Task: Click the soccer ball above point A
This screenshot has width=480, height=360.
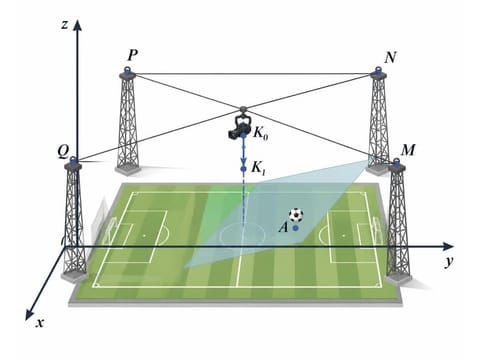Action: (x=296, y=215)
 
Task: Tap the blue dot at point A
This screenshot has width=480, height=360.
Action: (x=295, y=228)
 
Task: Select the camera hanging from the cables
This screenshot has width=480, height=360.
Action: (x=239, y=127)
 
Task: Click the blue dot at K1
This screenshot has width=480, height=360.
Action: (x=243, y=169)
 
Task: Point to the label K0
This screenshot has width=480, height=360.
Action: (x=260, y=133)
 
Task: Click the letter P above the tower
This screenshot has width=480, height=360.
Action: (x=132, y=55)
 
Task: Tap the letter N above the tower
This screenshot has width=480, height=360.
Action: (x=390, y=58)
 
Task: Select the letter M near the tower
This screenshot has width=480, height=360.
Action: (x=408, y=151)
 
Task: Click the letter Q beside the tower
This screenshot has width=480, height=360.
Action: (x=63, y=152)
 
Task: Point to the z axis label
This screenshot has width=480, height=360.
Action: (x=65, y=25)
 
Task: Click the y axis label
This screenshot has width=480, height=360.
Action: (x=450, y=261)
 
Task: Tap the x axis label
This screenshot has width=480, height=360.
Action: (x=40, y=323)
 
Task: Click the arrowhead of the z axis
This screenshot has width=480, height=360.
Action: (x=78, y=25)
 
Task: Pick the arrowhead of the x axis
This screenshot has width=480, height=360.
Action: (x=30, y=315)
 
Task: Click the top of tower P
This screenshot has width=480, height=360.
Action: (x=127, y=71)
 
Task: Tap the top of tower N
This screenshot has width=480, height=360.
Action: (x=378, y=71)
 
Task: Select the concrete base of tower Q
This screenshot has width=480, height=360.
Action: (x=75, y=276)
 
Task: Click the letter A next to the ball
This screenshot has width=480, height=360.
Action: (x=283, y=228)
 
